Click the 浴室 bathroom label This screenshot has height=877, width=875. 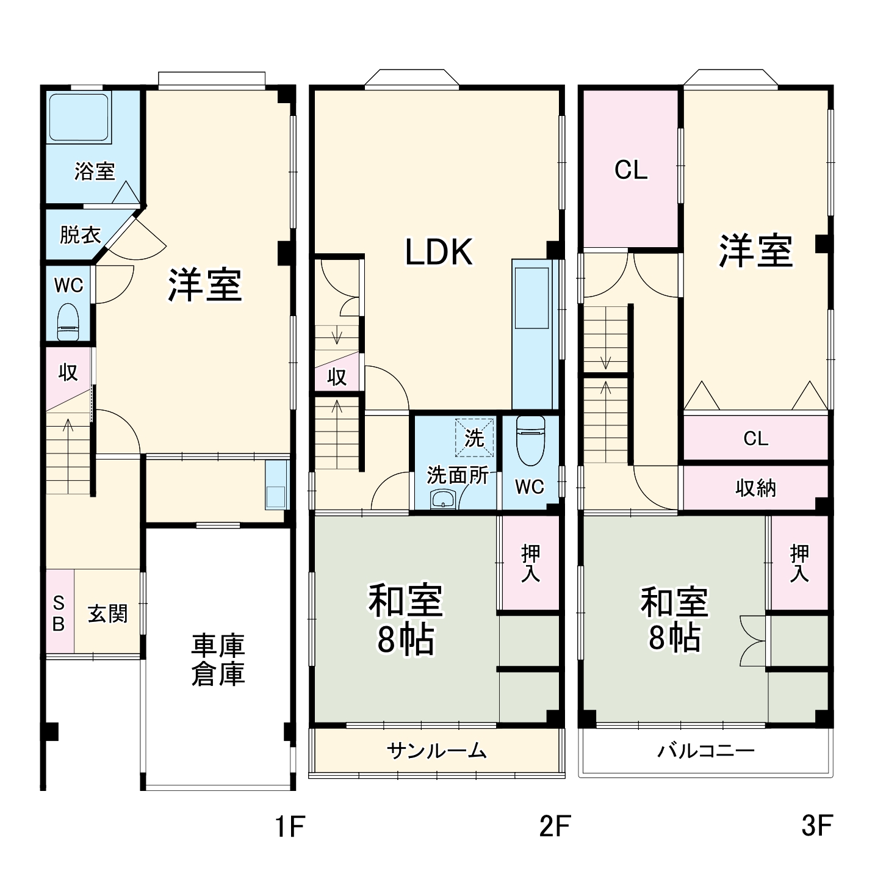pyautogui.click(x=95, y=171)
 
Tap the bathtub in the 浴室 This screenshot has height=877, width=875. pyautogui.click(x=79, y=117)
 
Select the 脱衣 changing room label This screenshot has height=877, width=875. pyautogui.click(x=80, y=235)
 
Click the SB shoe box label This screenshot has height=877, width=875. pyautogui.click(x=59, y=613)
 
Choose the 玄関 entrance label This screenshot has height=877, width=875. pyautogui.click(x=108, y=613)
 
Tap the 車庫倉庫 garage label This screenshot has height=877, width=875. pyautogui.click(x=218, y=660)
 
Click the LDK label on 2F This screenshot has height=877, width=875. pyautogui.click(x=439, y=252)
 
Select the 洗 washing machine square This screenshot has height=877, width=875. pyautogui.click(x=474, y=437)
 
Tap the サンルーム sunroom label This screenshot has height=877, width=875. pyautogui.click(x=437, y=750)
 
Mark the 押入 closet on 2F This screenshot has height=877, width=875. pyautogui.click(x=530, y=563)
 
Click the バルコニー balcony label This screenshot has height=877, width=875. pyautogui.click(x=705, y=750)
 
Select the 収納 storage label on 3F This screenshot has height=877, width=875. pyautogui.click(x=755, y=488)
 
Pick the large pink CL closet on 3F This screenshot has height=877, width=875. pyautogui.click(x=631, y=170)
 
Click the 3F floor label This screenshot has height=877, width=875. pyautogui.click(x=816, y=826)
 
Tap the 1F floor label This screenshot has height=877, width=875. pyautogui.click(x=289, y=826)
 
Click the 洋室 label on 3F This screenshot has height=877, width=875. pyautogui.click(x=755, y=251)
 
